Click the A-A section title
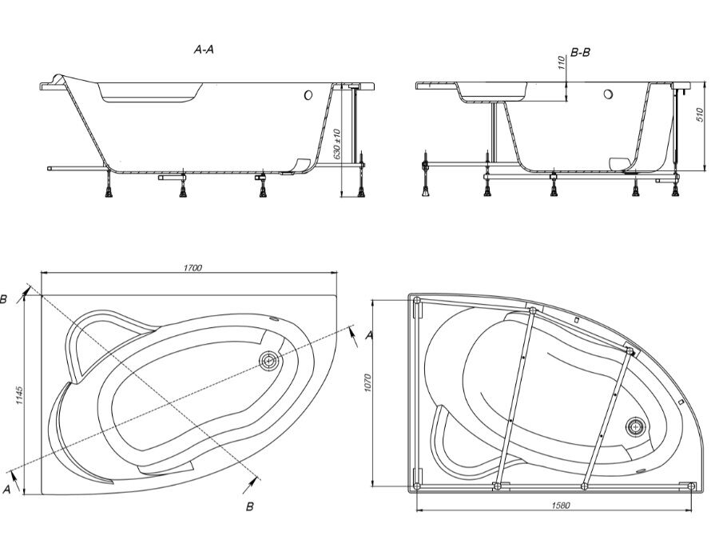pos(204,49)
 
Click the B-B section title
pos(581,53)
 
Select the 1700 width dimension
pos(193,268)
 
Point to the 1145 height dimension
pos(19,395)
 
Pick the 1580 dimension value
pos(560,506)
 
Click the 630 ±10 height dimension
pos(337,144)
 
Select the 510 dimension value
pos(700,114)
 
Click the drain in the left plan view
pos(268,361)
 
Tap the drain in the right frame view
pos(636,426)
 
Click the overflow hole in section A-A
pos(308,95)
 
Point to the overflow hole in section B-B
pos(609,94)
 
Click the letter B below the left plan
pos(250,506)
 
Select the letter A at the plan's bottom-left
pos(6,490)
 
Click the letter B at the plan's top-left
pos(3,300)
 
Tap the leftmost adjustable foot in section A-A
pos(109,185)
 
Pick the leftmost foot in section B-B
pos(426,179)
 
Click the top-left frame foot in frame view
pos(417,301)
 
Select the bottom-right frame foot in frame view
pos(692,486)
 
